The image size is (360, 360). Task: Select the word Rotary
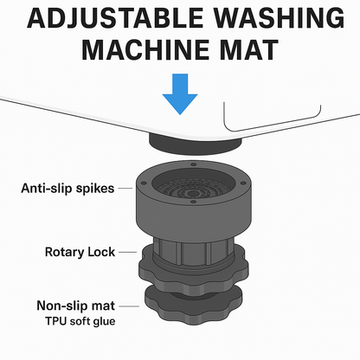[63, 253]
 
